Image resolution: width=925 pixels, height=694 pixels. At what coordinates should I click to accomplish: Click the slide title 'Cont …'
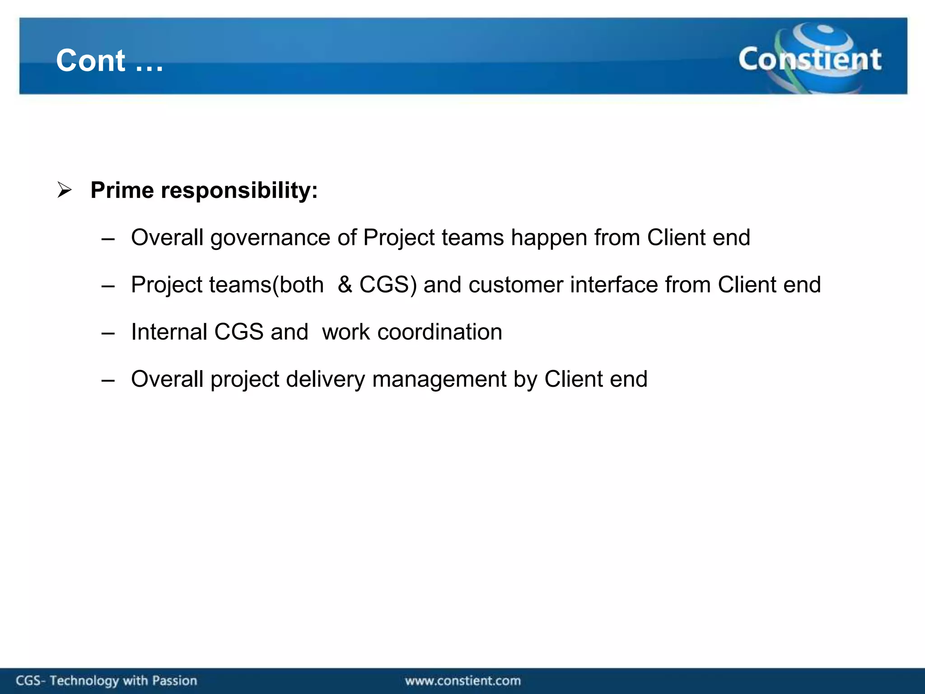point(109,61)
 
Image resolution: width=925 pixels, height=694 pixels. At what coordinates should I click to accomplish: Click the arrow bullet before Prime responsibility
point(65,190)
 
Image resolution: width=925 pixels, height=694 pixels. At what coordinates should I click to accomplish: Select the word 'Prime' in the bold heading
point(122,190)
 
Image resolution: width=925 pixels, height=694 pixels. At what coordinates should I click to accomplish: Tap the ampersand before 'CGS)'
point(345,285)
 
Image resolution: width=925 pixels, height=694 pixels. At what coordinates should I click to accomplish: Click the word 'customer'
point(515,285)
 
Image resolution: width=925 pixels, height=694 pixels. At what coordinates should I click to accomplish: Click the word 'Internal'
point(168,332)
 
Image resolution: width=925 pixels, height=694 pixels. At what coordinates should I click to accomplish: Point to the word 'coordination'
point(439,332)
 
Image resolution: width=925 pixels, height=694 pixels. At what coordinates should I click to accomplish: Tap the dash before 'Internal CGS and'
point(108,333)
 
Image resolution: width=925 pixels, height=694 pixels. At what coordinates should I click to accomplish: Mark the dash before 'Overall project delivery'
point(108,380)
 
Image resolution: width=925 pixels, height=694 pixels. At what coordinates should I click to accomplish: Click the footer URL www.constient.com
point(462,680)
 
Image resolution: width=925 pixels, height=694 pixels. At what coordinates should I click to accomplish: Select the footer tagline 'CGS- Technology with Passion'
point(107,680)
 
